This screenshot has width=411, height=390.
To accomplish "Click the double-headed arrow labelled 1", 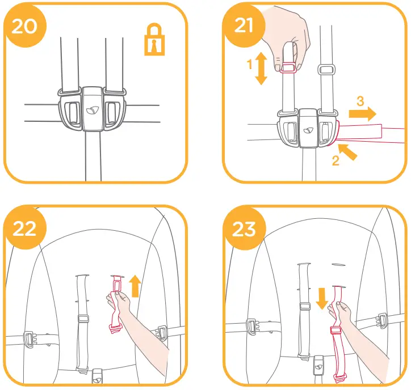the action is click(261, 69).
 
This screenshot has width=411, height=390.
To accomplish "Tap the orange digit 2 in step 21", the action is click(335, 160).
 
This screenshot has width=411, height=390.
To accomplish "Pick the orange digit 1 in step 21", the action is click(249, 65).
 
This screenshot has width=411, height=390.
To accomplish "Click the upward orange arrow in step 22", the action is click(135, 286).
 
